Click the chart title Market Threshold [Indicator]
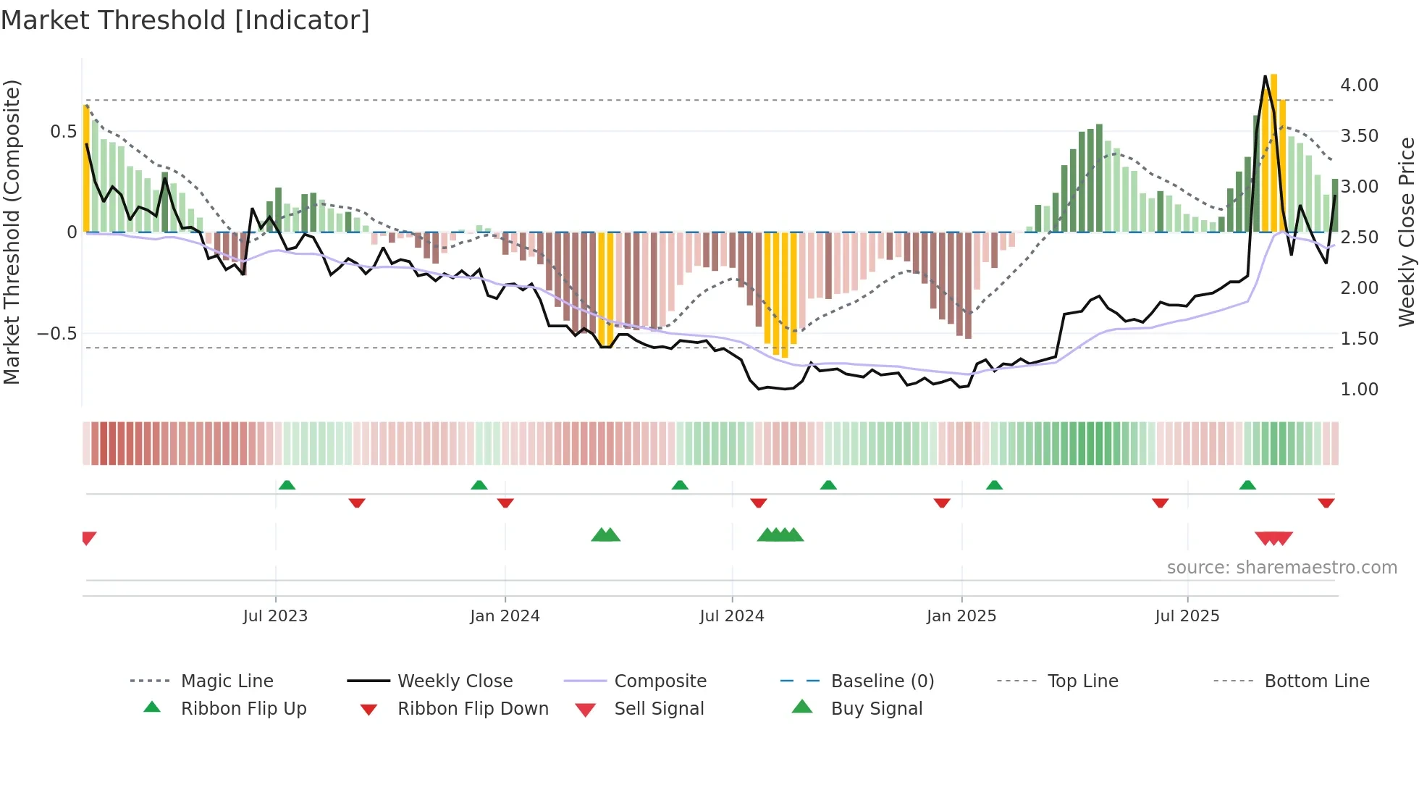[x=185, y=20]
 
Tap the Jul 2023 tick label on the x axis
[x=275, y=616]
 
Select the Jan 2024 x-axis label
[x=505, y=616]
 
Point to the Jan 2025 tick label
[x=961, y=616]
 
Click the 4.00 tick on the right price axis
[x=1359, y=85]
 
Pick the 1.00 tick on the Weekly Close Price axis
[x=1359, y=390]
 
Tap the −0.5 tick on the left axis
[x=56, y=334]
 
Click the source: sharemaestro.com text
[x=1281, y=568]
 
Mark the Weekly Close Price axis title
[x=1406, y=232]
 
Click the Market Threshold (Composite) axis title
[x=12, y=232]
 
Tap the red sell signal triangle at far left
[x=88, y=537]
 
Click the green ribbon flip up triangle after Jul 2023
[x=287, y=485]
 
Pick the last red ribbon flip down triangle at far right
[x=1326, y=503]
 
